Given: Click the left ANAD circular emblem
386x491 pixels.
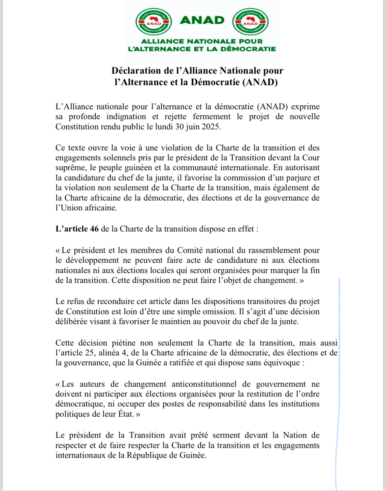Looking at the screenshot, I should click(153, 22).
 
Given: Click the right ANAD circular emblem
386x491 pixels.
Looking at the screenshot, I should click(250, 22).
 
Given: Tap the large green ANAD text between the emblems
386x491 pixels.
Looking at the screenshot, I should click(202, 20).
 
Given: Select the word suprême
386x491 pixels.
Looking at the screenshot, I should click(70, 168).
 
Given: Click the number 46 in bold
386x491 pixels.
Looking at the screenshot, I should click(94, 229).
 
